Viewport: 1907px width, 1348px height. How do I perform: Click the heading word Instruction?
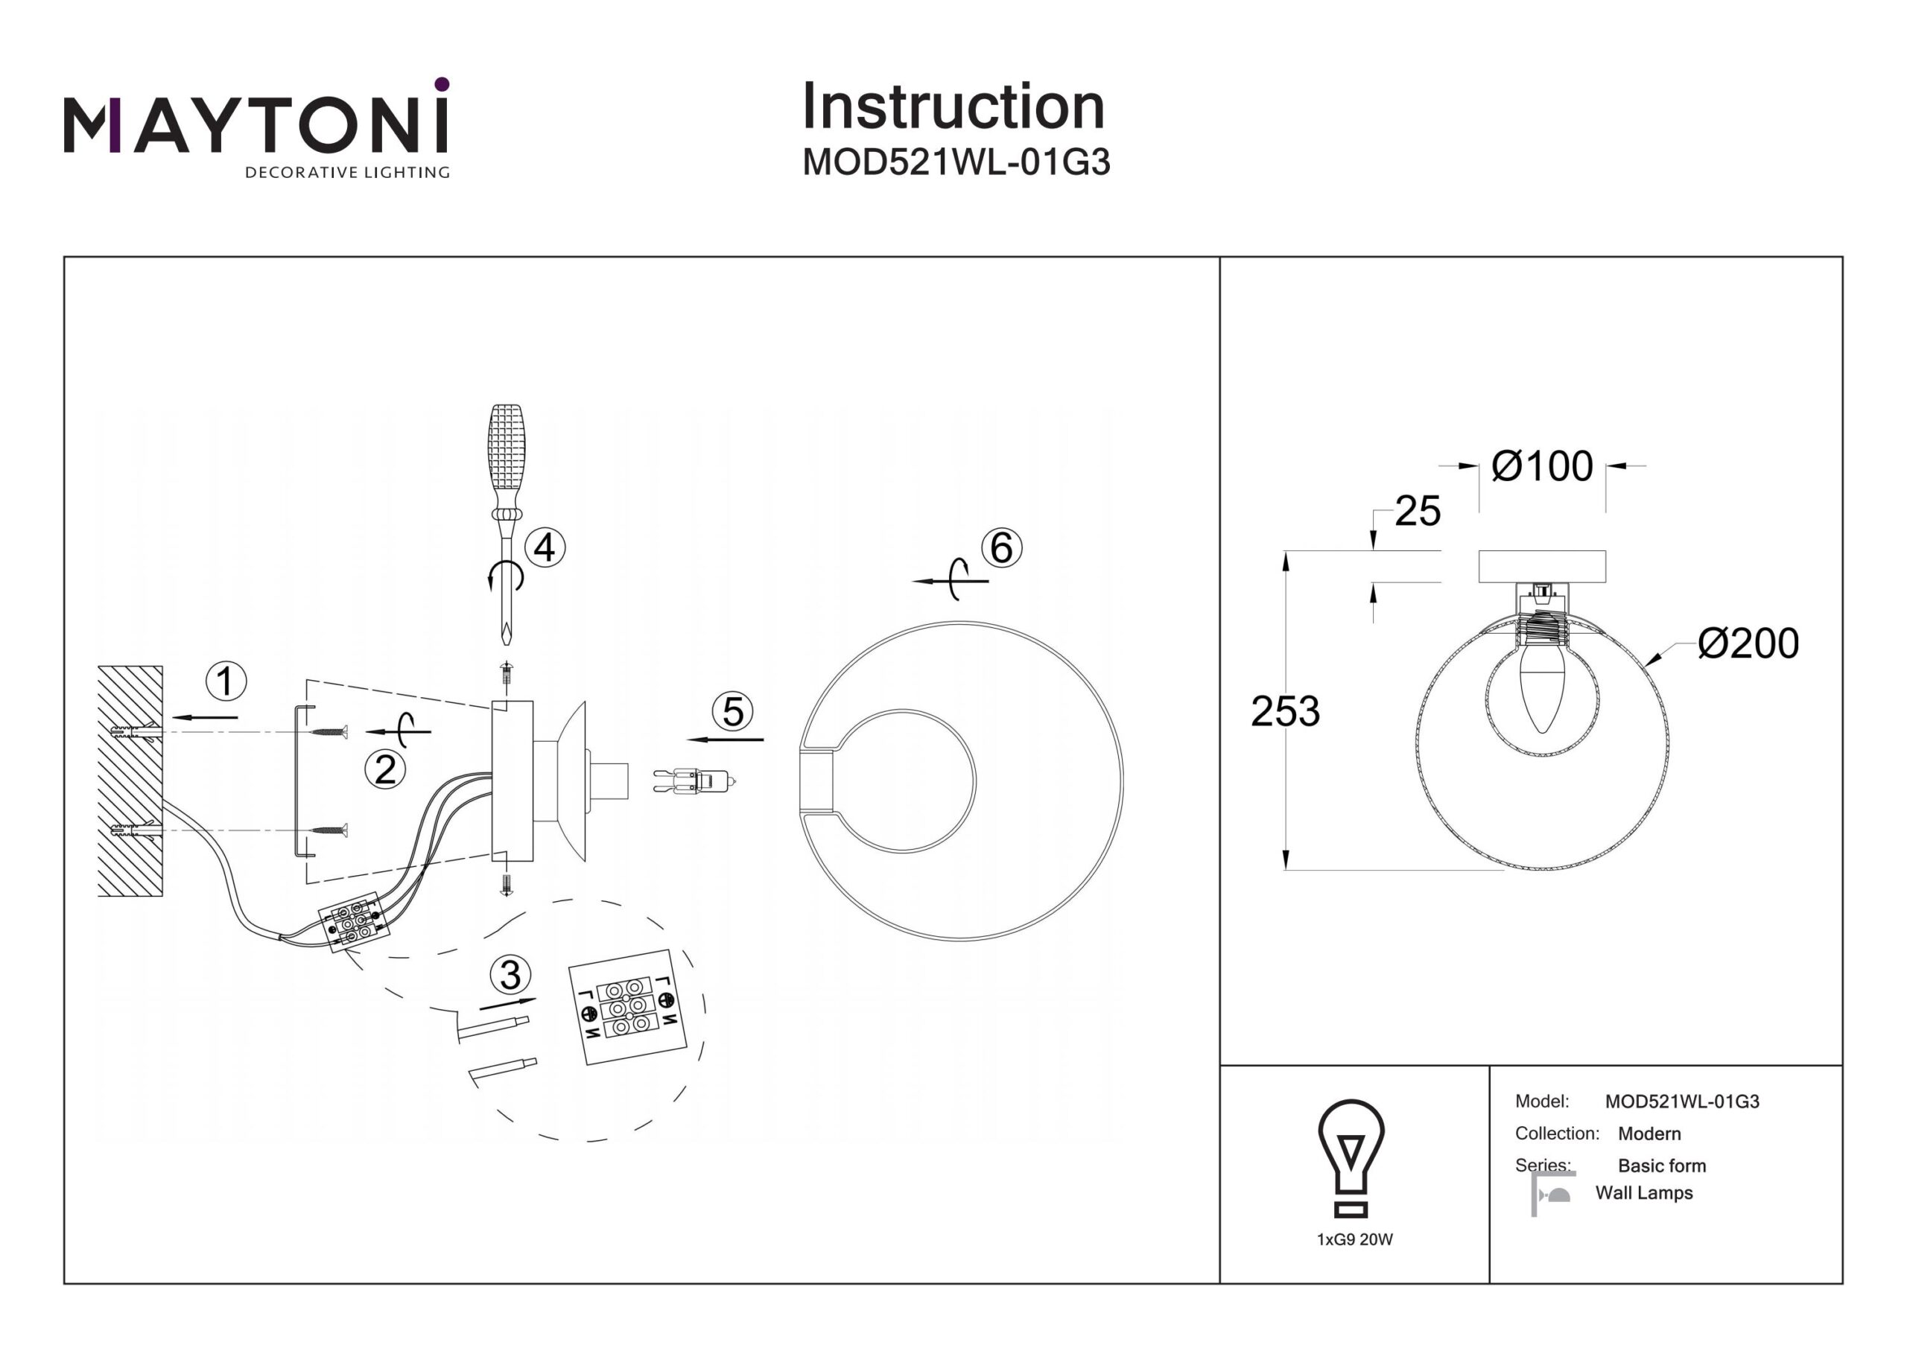(953, 107)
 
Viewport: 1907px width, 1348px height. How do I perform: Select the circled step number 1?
(226, 681)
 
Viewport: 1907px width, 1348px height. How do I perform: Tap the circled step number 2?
(385, 770)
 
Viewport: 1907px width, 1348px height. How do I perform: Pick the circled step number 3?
(511, 974)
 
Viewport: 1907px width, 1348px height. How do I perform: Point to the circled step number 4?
(545, 548)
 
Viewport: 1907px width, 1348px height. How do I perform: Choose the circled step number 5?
(732, 712)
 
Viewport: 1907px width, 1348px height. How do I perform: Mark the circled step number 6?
(1002, 548)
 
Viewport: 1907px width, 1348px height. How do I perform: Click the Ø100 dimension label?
(1541, 467)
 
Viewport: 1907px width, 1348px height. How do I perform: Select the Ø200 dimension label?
(1748, 643)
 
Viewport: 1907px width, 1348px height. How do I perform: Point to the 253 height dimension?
(1285, 712)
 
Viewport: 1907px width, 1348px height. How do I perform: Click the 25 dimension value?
(1417, 512)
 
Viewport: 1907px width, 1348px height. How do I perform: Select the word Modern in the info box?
(1649, 1134)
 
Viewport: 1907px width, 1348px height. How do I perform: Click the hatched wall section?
(130, 780)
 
